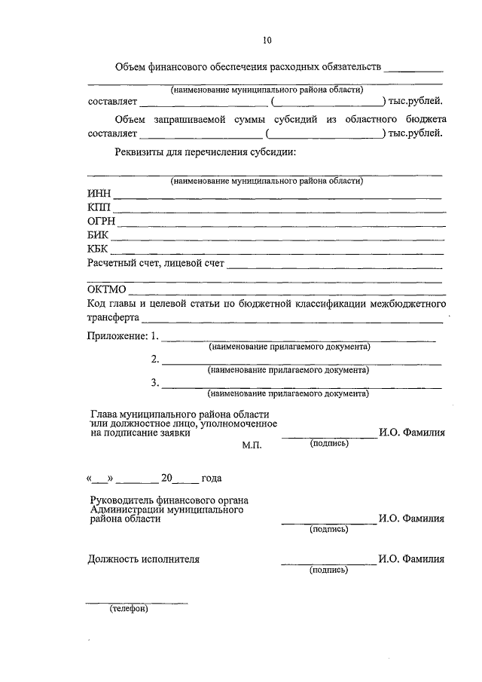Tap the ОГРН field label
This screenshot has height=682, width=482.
(102, 222)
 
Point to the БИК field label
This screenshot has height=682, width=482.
(99, 236)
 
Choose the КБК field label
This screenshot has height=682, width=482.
(99, 249)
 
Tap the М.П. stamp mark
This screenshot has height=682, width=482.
(251, 446)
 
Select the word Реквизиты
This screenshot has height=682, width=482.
(143, 153)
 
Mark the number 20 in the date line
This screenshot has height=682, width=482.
(166, 478)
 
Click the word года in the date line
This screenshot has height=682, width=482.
(212, 478)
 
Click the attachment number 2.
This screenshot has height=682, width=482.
(155, 359)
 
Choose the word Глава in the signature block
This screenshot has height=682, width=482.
(104, 414)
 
